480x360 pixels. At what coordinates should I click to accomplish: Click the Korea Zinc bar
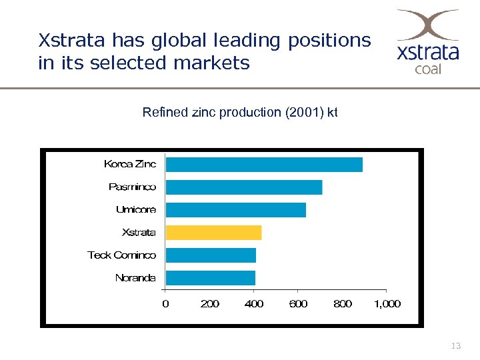pos(264,165)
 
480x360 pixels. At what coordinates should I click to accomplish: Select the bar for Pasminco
pos(244,187)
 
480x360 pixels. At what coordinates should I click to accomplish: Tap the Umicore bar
pos(236,210)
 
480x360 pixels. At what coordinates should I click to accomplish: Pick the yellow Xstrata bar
pos(213,233)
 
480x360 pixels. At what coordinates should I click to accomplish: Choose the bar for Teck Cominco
pos(211,255)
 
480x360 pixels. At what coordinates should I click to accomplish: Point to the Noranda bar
pos(211,278)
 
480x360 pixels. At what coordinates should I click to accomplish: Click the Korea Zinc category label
pos(130,164)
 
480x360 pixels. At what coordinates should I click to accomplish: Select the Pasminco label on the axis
pos(132,187)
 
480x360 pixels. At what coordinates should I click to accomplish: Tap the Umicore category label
pos(136,209)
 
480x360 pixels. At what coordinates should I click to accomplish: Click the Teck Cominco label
pos(122,255)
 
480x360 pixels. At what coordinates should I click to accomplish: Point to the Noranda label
pos(135,278)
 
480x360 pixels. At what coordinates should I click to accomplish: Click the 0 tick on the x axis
pos(166,304)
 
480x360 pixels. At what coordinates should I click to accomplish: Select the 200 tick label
pos(210,304)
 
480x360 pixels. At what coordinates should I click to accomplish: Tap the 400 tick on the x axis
pos(254,304)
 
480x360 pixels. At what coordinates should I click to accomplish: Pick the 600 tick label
pos(298,304)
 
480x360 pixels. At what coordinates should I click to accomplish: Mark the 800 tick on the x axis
pos(342,304)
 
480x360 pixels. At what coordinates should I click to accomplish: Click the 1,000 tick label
pos(387,304)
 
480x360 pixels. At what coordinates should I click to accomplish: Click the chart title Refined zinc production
pos(240,112)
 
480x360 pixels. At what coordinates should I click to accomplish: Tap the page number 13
pos(456,346)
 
